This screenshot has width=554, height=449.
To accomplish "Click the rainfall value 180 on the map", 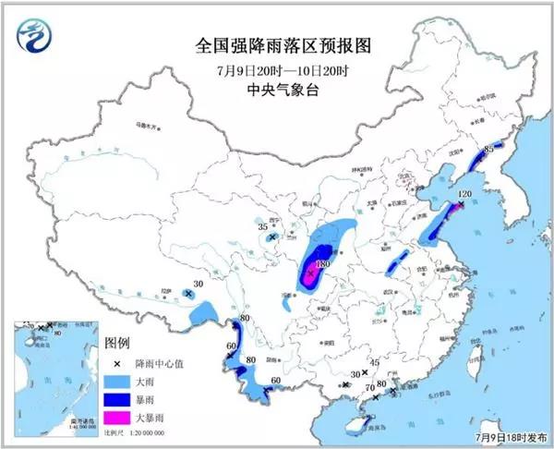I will click(323, 265).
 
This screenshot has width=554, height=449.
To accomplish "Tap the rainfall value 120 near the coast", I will click(464, 195).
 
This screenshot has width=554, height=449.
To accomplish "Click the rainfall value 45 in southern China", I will click(374, 363).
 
